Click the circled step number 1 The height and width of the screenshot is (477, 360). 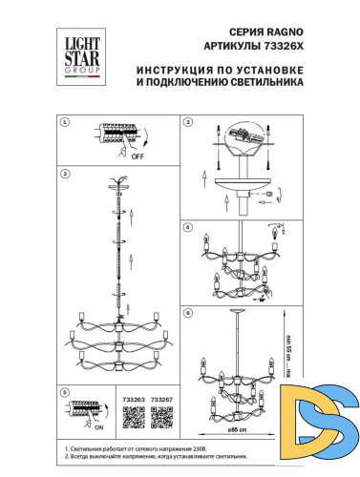pos(64,123)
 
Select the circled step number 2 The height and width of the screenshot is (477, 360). pos(64,175)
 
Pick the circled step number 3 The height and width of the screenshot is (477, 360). pos(188,123)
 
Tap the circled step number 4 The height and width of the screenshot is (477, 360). pos(188,227)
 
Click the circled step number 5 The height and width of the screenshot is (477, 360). pos(64,391)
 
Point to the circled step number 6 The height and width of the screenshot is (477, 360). pos(188,313)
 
